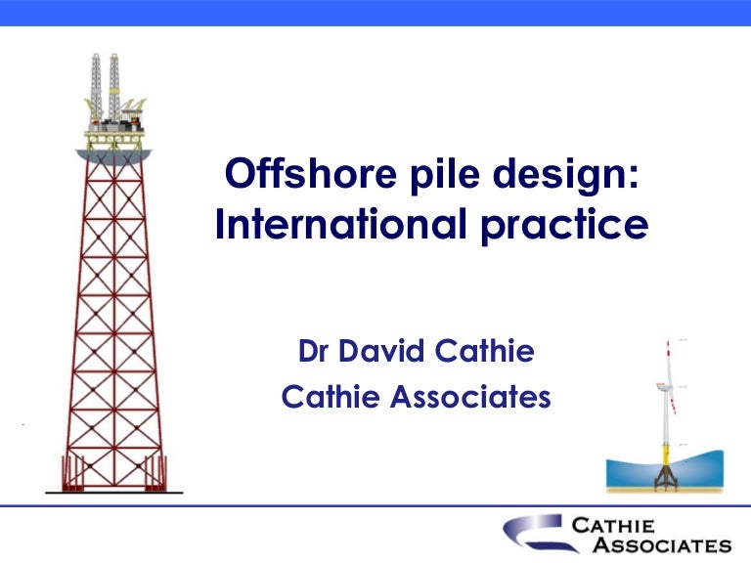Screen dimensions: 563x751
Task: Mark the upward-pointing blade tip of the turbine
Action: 669,341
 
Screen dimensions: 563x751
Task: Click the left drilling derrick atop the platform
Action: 97,83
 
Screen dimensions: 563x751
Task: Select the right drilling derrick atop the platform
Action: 114,83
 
